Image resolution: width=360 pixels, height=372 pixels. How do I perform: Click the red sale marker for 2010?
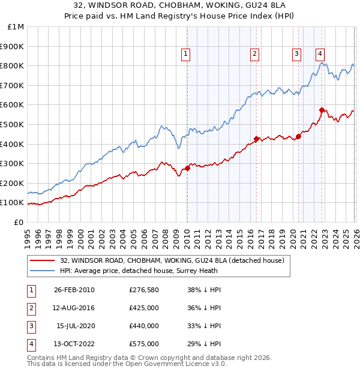(x=187, y=169)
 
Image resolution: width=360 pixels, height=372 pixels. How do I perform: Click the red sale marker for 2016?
(x=256, y=139)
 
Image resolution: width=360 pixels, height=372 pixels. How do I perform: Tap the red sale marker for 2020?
(x=298, y=136)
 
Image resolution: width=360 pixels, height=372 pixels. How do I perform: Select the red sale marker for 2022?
(x=322, y=110)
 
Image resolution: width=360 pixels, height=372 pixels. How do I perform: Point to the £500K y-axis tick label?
(x=12, y=124)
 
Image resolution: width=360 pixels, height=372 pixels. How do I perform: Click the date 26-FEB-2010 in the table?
(x=74, y=290)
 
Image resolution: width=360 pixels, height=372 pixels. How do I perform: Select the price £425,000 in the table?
(x=144, y=308)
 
